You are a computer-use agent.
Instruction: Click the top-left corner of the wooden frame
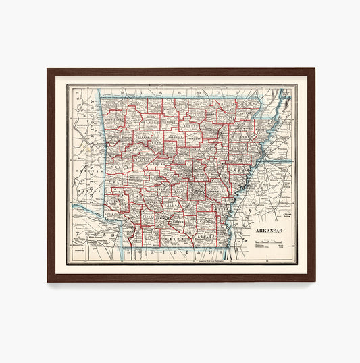point(48,69)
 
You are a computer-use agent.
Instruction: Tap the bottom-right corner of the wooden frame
point(314,281)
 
